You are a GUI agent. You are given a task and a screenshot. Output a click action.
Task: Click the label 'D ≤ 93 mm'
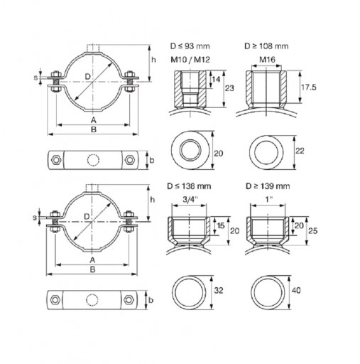click(190, 46)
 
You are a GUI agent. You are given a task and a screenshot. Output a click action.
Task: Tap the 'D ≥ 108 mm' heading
click(266, 46)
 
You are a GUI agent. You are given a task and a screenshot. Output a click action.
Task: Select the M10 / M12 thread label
click(190, 60)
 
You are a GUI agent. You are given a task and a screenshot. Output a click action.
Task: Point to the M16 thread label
click(267, 60)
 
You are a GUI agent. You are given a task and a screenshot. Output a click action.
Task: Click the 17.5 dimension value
click(308, 87)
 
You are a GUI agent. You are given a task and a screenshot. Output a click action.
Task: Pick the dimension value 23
click(229, 88)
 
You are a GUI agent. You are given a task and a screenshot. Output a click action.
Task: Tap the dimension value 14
click(216, 79)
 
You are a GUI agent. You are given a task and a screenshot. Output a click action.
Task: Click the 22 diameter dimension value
click(300, 151)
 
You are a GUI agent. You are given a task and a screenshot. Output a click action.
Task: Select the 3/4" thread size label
click(190, 199)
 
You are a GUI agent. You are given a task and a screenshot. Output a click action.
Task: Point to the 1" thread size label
click(269, 199)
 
